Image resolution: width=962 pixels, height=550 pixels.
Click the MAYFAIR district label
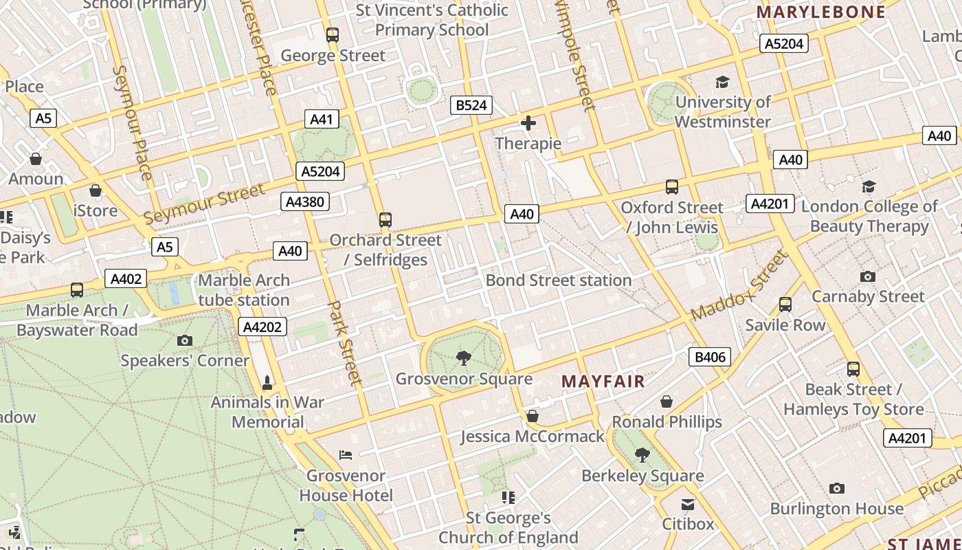tap(603, 382)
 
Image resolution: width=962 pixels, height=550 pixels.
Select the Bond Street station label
tap(558, 280)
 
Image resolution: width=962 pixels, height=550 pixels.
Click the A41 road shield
tap(321, 120)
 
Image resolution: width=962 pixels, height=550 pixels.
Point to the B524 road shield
tap(471, 105)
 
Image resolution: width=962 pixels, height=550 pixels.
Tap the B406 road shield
tap(709, 357)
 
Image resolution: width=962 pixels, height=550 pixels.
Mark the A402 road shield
tap(126, 279)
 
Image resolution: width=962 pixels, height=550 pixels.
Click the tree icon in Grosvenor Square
tap(464, 357)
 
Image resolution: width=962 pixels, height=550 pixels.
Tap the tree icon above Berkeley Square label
tap(642, 454)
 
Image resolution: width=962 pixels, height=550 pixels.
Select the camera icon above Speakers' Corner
tap(184, 340)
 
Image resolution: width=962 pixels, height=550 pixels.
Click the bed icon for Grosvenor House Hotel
tap(346, 454)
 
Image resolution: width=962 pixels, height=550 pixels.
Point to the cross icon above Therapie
tap(528, 123)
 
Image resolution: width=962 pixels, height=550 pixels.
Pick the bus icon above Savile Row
tap(785, 305)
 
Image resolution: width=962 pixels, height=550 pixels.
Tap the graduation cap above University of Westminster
tap(722, 82)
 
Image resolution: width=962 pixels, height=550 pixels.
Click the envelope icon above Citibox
tap(688, 505)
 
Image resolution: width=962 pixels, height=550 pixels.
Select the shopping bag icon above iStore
tap(96, 190)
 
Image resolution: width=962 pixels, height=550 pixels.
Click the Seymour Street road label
tap(203, 204)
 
